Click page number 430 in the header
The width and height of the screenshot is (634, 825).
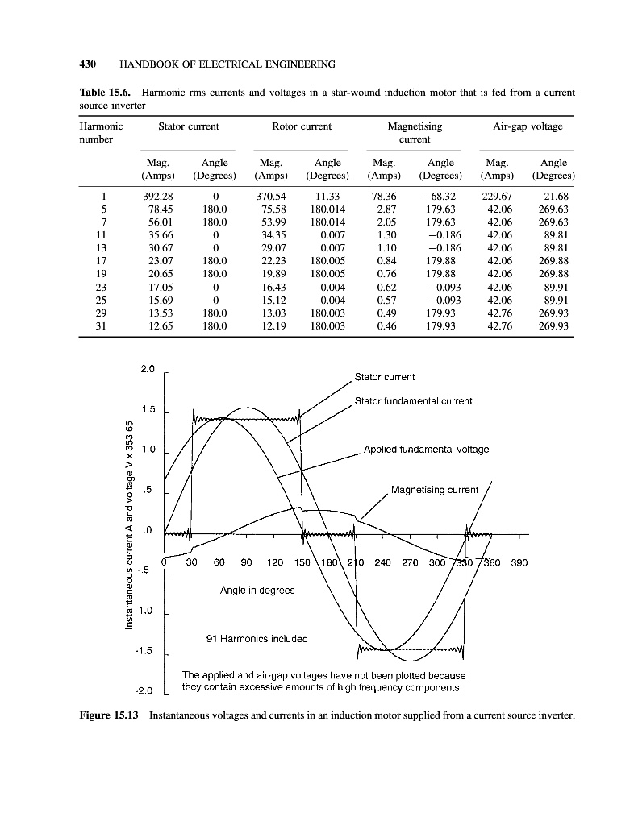(x=87, y=64)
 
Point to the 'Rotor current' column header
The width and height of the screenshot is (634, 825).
(x=302, y=126)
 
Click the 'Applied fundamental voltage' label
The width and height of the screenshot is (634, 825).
(x=426, y=449)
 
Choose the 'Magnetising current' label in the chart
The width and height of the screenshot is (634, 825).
(x=434, y=489)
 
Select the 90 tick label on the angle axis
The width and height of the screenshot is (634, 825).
(x=246, y=563)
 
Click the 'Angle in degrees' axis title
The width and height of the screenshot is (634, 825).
(x=257, y=591)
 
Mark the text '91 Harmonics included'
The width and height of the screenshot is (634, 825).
(x=257, y=639)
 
